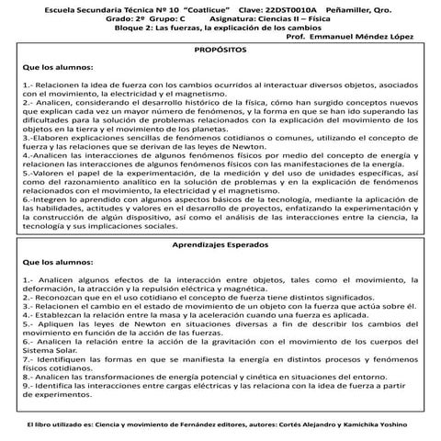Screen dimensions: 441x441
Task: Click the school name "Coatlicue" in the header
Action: coord(193,7)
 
